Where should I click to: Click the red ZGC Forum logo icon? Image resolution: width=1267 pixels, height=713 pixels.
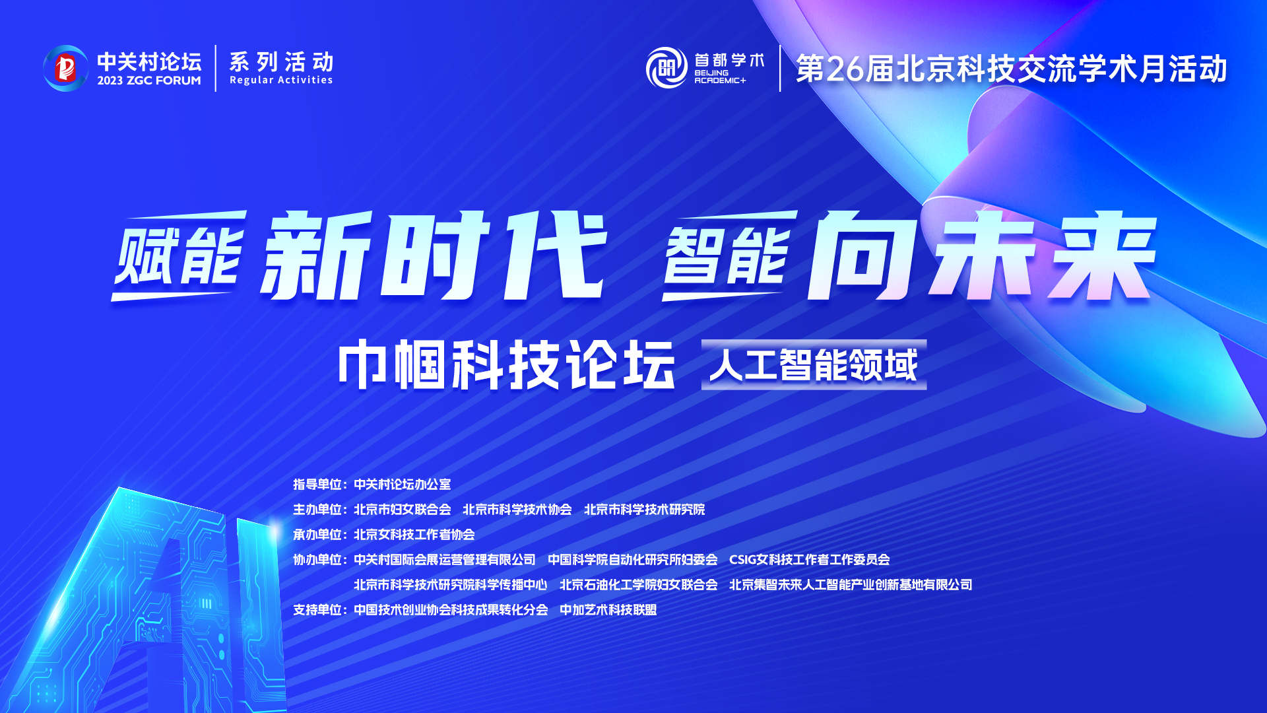click(x=65, y=68)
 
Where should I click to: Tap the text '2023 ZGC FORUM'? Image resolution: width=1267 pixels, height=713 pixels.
click(x=149, y=81)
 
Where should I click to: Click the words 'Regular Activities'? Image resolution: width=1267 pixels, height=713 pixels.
click(x=281, y=80)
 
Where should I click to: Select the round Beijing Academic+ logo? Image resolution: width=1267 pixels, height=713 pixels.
click(x=666, y=67)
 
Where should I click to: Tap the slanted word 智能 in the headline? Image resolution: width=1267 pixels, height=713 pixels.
click(x=729, y=256)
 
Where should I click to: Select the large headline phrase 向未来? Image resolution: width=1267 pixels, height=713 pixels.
click(x=982, y=255)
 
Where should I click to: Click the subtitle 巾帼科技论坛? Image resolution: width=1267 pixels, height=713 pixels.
click(x=507, y=364)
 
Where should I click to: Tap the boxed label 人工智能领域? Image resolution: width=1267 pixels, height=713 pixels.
click(x=814, y=364)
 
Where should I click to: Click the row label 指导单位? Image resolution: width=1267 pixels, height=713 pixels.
click(x=317, y=485)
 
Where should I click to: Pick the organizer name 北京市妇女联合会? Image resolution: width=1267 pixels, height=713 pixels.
click(x=403, y=510)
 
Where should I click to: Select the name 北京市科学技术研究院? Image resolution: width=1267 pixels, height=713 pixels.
click(x=644, y=510)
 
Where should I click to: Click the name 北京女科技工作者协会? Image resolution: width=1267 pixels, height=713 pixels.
click(x=414, y=535)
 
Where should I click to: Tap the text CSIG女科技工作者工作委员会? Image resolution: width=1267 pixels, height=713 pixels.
click(x=810, y=560)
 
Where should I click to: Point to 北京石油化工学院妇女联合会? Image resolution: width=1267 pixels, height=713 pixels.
click(x=639, y=585)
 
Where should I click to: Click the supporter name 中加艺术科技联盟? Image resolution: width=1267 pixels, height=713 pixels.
click(x=608, y=610)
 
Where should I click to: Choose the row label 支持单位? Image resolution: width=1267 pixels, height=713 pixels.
click(x=317, y=610)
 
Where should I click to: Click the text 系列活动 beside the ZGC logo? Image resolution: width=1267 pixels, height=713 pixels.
click(x=281, y=62)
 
